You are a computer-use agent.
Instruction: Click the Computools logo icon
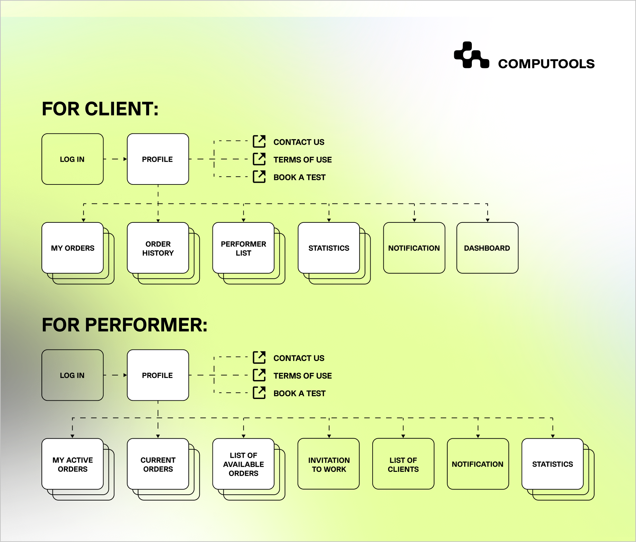pos(471,55)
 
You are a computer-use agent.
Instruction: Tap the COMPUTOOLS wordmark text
pos(546,64)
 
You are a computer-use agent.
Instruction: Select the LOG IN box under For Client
pos(72,159)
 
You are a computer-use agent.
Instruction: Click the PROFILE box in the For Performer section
pos(158,375)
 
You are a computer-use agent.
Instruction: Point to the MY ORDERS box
pos(73,248)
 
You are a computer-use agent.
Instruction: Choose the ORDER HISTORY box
pos(158,248)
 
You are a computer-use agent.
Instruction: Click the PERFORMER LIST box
pos(243,248)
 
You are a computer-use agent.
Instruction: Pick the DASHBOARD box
pos(487,248)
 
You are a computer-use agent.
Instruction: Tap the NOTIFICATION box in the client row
pos(414,248)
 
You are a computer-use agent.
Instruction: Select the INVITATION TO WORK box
pos(329,464)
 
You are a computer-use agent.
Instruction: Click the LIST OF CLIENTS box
pos(403,464)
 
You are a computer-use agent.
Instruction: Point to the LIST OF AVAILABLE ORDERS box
pos(243,464)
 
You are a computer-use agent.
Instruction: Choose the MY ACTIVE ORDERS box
pos(73,464)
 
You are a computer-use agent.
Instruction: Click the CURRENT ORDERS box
pos(158,464)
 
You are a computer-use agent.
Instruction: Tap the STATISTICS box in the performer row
pos(552,464)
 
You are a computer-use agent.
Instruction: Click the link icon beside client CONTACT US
pos(259,142)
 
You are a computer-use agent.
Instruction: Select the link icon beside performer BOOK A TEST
pos(259,393)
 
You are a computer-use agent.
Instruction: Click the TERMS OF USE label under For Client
pos(302,160)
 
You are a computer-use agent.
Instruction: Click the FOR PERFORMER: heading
pos(124,325)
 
